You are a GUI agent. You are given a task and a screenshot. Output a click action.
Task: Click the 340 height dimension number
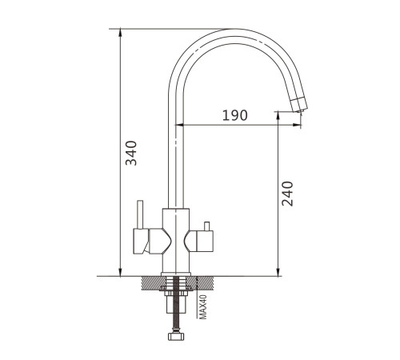tap(131, 153)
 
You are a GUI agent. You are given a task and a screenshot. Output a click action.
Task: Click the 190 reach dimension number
tap(235, 115)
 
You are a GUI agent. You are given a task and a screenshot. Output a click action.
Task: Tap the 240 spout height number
tap(287, 194)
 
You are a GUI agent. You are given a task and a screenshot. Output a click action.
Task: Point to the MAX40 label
tap(203, 307)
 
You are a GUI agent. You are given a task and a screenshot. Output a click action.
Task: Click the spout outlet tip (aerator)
tap(300, 105)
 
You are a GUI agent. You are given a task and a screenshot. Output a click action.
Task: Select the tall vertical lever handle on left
tap(140, 214)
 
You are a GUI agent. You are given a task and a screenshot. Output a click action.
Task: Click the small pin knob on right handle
tap(206, 226)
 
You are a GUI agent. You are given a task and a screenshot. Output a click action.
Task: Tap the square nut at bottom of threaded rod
tap(176, 336)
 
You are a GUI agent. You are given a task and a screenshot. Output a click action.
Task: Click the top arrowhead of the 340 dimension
tap(120, 33)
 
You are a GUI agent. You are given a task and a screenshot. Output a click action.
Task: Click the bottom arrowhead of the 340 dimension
tap(120, 272)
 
